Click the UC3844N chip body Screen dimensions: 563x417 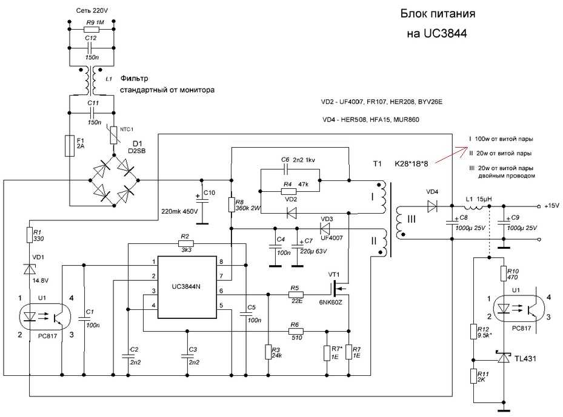[187, 287]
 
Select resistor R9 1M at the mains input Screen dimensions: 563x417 [90, 30]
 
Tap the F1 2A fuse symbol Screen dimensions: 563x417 [70, 146]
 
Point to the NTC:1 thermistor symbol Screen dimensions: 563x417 [114, 135]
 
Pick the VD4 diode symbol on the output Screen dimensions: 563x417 [432, 206]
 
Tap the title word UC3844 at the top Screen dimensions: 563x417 [445, 33]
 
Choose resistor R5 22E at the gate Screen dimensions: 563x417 [296, 294]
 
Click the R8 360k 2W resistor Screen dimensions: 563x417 [232, 205]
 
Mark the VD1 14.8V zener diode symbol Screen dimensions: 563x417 [30, 269]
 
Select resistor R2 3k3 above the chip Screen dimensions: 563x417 [185, 244]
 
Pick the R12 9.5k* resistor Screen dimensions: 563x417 [474, 332]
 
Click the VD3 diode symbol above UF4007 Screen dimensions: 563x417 [325, 228]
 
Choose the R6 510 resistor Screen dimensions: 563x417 [296, 331]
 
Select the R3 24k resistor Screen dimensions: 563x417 [268, 352]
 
